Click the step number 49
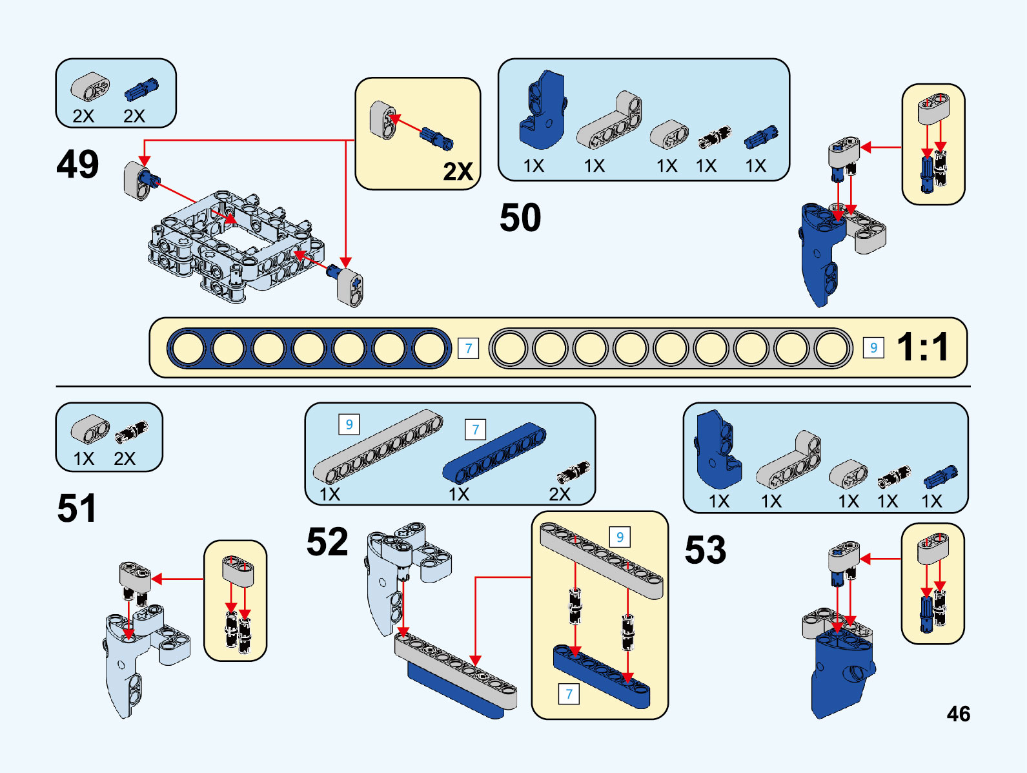point(77,164)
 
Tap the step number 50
point(520,218)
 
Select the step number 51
point(76,508)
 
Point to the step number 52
point(327,541)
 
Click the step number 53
point(705,550)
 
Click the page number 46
point(959,714)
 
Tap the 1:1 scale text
point(923,347)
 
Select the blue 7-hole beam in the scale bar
point(309,348)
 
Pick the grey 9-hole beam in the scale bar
point(671,348)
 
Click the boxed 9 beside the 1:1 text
point(873,348)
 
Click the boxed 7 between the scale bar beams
point(469,349)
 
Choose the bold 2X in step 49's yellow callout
point(458,172)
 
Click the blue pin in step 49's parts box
point(141,90)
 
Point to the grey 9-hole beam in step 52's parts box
point(378,446)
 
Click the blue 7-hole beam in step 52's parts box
point(494,453)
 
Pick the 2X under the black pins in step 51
point(125,459)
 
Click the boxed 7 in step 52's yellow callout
point(569,694)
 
